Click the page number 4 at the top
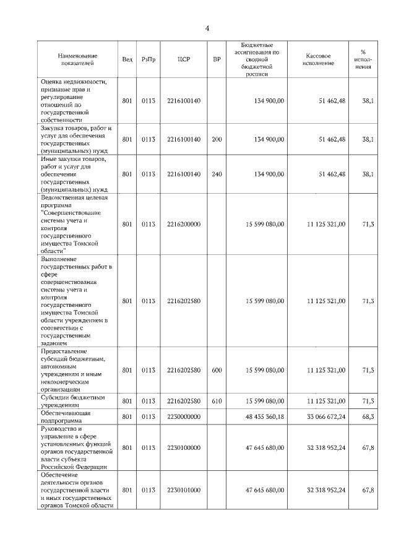point(208,28)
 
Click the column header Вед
point(127,59)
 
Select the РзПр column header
point(148,59)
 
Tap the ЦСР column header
point(183,59)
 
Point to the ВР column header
point(217,59)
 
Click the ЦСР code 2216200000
point(184,223)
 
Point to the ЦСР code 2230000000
point(184,416)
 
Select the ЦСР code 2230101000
point(184,489)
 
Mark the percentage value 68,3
point(368,416)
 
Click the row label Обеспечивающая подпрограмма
point(66,416)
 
